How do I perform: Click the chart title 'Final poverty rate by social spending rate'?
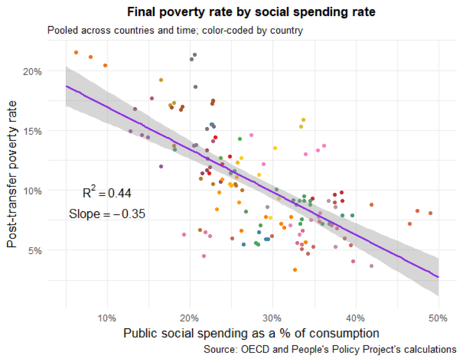click(251, 12)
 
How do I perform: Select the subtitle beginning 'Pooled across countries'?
click(175, 30)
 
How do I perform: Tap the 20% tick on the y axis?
click(33, 71)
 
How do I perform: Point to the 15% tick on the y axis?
click(33, 131)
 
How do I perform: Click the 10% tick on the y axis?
click(33, 191)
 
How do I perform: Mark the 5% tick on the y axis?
click(35, 250)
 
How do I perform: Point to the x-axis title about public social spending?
click(251, 334)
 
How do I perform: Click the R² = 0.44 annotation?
click(107, 193)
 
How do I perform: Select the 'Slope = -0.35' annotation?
click(107, 214)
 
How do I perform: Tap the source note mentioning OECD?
click(330, 350)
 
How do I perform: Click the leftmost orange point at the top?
click(76, 52)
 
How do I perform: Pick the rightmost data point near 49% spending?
click(430, 213)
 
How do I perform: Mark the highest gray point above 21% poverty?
click(195, 55)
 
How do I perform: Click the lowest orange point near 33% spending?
click(295, 270)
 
